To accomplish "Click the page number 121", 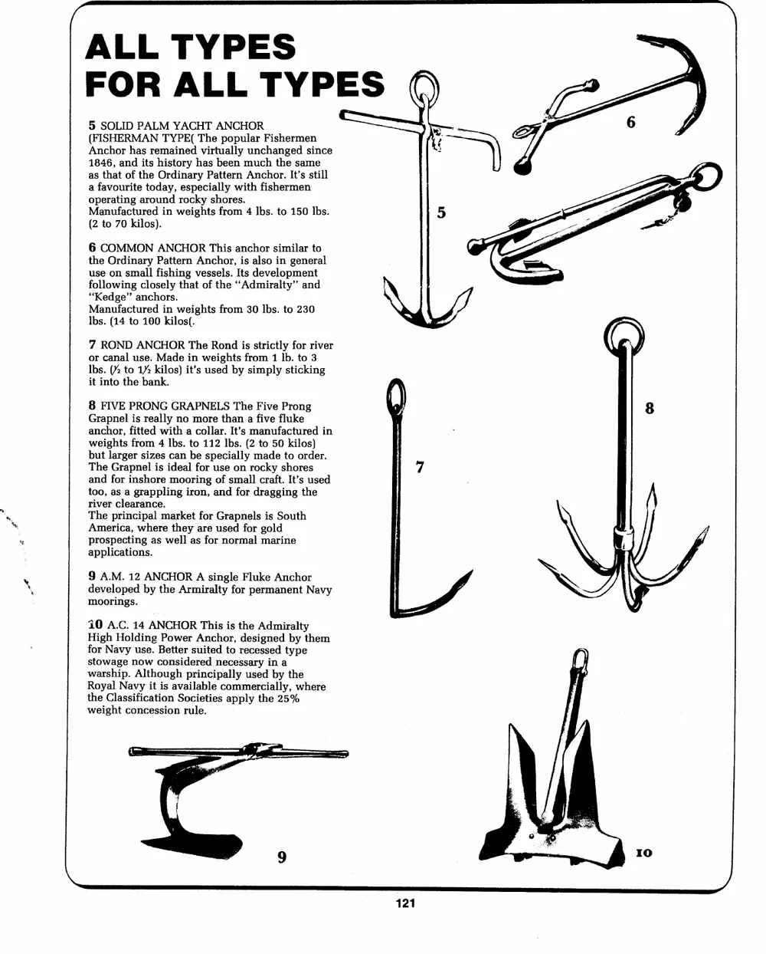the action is click(405, 903).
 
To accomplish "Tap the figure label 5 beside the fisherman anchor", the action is click(441, 212).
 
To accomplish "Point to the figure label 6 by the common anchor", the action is click(631, 122).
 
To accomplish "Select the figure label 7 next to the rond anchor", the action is click(420, 467).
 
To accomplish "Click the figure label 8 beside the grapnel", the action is click(650, 408).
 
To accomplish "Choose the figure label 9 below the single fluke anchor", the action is click(282, 857).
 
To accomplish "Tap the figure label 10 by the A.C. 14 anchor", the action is click(643, 853).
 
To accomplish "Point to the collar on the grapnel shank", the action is click(624, 538).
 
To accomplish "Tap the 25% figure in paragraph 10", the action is click(289, 698).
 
